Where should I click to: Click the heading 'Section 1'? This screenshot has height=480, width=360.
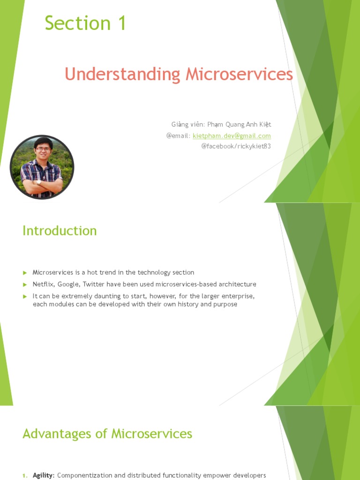tap(85, 23)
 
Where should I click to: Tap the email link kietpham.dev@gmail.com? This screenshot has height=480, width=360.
tap(232, 136)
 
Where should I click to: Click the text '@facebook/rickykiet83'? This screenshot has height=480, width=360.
tap(236, 146)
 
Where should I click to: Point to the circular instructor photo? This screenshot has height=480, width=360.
tap(42, 167)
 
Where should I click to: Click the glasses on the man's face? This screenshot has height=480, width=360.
tap(43, 149)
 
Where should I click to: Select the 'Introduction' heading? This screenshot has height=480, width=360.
tap(60, 231)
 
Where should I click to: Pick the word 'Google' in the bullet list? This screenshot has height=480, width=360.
tap(68, 285)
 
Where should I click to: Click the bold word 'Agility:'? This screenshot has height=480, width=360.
tap(44, 475)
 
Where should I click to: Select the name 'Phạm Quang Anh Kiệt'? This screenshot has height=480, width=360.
tap(241, 125)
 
